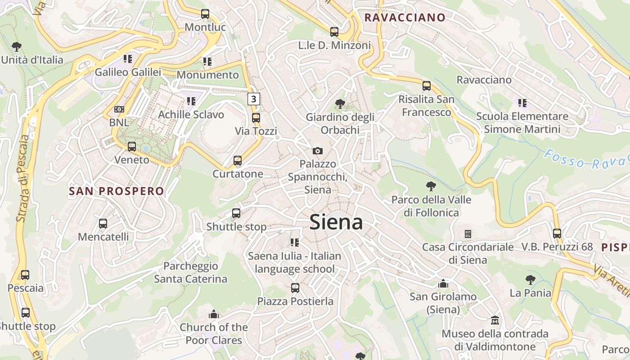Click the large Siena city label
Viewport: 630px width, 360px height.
pyautogui.click(x=336, y=222)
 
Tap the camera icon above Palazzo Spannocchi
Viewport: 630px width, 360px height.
pyautogui.click(x=317, y=151)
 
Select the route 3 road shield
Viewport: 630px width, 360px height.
pyautogui.click(x=254, y=99)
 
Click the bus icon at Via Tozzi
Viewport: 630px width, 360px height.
pyautogui.click(x=256, y=118)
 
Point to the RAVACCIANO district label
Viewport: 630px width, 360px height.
pyautogui.click(x=405, y=18)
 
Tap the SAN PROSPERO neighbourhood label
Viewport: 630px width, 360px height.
pyautogui.click(x=117, y=191)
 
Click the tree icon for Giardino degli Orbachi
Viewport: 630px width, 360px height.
pyautogui.click(x=340, y=104)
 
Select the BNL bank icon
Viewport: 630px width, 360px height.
pyautogui.click(x=119, y=109)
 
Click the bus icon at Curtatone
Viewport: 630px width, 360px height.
pyautogui.click(x=237, y=161)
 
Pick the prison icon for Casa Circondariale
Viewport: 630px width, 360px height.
pyautogui.click(x=468, y=234)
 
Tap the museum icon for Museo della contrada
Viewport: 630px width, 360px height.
pyautogui.click(x=495, y=320)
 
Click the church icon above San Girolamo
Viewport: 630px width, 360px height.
pyautogui.click(x=443, y=283)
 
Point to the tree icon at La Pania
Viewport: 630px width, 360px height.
pyautogui.click(x=531, y=280)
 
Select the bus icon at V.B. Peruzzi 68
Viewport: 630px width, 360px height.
pyautogui.click(x=557, y=234)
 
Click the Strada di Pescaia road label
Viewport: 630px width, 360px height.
pyautogui.click(x=22, y=178)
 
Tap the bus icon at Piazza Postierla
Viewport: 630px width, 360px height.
pyautogui.click(x=295, y=288)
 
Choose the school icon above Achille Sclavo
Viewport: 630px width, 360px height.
pyautogui.click(x=191, y=101)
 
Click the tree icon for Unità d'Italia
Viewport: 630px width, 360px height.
pyautogui.click(x=17, y=46)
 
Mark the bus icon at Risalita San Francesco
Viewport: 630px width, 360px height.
pyautogui.click(x=426, y=85)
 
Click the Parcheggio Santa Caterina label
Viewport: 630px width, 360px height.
pyautogui.click(x=191, y=272)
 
